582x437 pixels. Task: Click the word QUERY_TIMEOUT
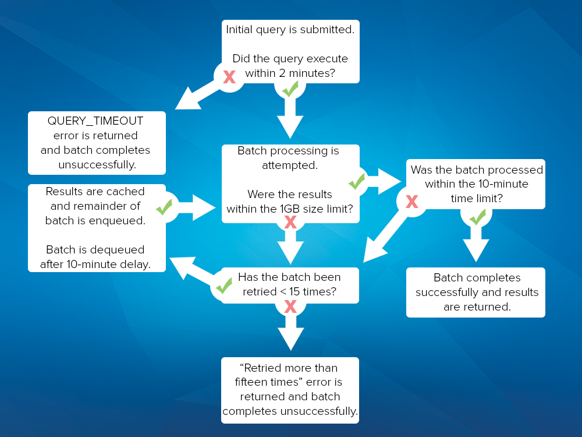click(95, 121)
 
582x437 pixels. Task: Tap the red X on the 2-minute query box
click(229, 77)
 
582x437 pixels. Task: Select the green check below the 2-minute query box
click(290, 89)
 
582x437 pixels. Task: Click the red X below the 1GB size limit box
click(290, 222)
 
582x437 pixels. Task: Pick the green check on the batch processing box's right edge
click(357, 182)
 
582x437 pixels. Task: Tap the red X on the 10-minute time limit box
click(412, 202)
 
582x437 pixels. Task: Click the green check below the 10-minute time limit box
click(477, 217)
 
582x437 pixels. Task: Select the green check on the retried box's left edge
click(224, 286)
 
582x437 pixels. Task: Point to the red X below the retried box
click(290, 306)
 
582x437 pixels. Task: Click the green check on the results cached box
click(164, 207)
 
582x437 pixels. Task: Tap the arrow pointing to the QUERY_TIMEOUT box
click(197, 98)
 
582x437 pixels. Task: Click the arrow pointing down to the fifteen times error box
click(290, 333)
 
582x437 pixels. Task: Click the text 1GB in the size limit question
click(290, 209)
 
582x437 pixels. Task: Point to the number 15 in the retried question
click(294, 292)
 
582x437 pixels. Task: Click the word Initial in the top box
click(239, 29)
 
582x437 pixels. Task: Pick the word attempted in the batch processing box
click(290, 165)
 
